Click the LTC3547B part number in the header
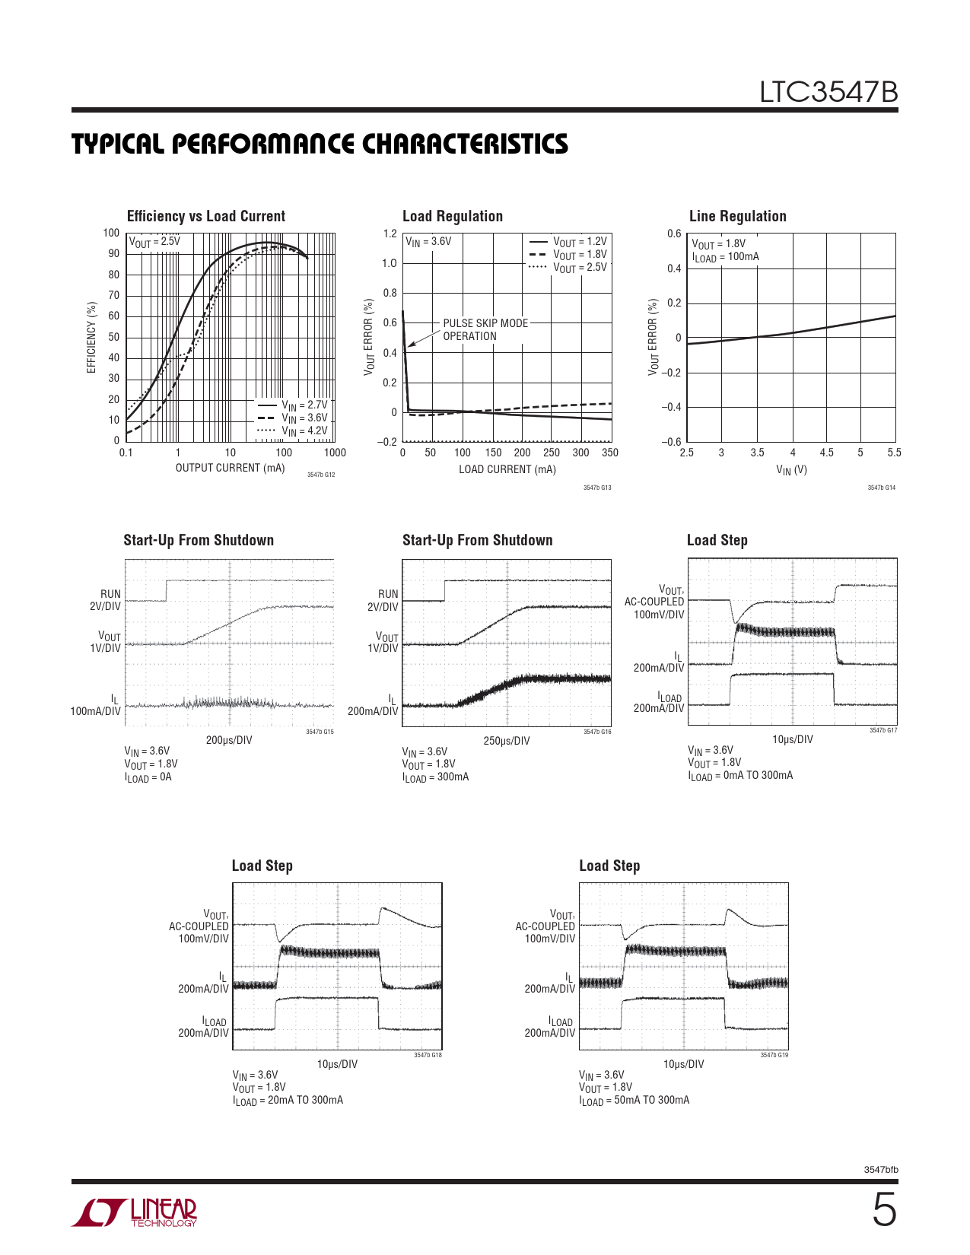[828, 92]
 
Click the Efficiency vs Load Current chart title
[205, 216]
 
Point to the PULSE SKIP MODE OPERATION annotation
[485, 329]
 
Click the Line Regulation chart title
[737, 216]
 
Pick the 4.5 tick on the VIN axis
[826, 453]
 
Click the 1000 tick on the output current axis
[335, 453]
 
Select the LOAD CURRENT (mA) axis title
[507, 469]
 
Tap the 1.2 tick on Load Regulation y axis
[390, 234]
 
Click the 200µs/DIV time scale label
[229, 740]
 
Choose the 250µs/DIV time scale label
[507, 741]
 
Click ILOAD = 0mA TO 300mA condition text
[740, 776]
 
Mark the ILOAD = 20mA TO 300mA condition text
[288, 1100]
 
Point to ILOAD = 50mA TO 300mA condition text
[634, 1100]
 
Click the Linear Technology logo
[135, 1212]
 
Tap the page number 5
[883, 1210]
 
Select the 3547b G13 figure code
[597, 488]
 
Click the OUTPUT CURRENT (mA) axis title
[230, 468]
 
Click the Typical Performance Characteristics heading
[320, 144]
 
